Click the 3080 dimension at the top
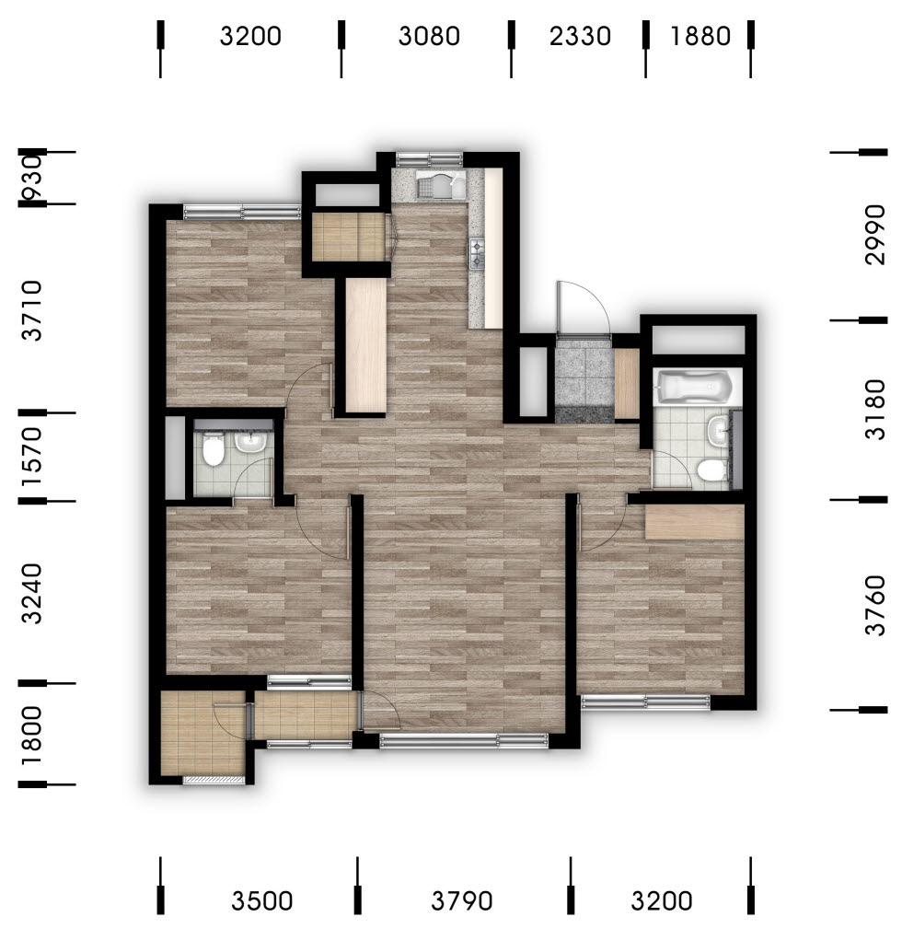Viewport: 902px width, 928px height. click(x=429, y=37)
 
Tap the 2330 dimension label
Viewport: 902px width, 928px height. click(x=580, y=37)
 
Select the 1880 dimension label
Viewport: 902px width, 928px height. click(x=700, y=37)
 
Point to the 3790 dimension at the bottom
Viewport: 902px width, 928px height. click(x=462, y=901)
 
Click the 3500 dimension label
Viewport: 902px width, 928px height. click(x=262, y=901)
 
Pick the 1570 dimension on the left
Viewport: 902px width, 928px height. click(x=32, y=457)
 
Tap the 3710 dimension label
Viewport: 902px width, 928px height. click(x=32, y=311)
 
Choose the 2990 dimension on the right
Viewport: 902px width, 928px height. click(x=874, y=235)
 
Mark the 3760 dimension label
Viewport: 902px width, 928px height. click(x=874, y=605)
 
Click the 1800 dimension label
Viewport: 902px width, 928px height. click(x=32, y=736)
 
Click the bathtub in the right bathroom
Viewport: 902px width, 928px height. click(x=697, y=387)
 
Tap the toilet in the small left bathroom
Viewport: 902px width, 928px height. click(x=213, y=449)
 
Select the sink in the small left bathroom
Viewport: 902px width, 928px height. click(x=251, y=441)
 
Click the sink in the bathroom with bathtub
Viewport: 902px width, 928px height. click(x=718, y=429)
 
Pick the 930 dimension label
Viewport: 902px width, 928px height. click(x=32, y=178)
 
